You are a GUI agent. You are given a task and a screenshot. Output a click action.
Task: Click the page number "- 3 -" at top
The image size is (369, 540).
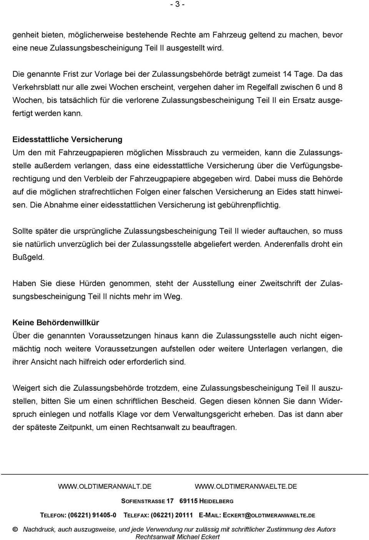(177, 5)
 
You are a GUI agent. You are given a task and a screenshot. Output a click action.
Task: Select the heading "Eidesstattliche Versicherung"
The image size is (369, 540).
(67, 139)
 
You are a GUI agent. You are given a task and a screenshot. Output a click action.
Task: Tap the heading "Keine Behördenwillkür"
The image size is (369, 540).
(56, 322)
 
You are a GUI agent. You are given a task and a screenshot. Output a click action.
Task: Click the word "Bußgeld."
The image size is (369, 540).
(28, 257)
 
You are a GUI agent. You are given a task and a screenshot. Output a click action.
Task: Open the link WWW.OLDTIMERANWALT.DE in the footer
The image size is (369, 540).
(105, 486)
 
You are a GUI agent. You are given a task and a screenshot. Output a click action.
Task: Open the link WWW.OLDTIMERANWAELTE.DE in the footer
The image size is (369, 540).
(246, 486)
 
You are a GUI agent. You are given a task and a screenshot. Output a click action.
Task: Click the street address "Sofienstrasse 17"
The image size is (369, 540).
(147, 501)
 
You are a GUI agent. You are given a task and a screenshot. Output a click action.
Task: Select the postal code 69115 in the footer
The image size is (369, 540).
(188, 501)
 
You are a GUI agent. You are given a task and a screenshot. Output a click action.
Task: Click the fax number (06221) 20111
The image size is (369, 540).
(172, 515)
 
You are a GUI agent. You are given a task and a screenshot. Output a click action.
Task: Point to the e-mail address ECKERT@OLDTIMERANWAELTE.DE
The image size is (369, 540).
(269, 515)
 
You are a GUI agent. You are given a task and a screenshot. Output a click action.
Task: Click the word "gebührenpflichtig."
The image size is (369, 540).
(249, 205)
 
